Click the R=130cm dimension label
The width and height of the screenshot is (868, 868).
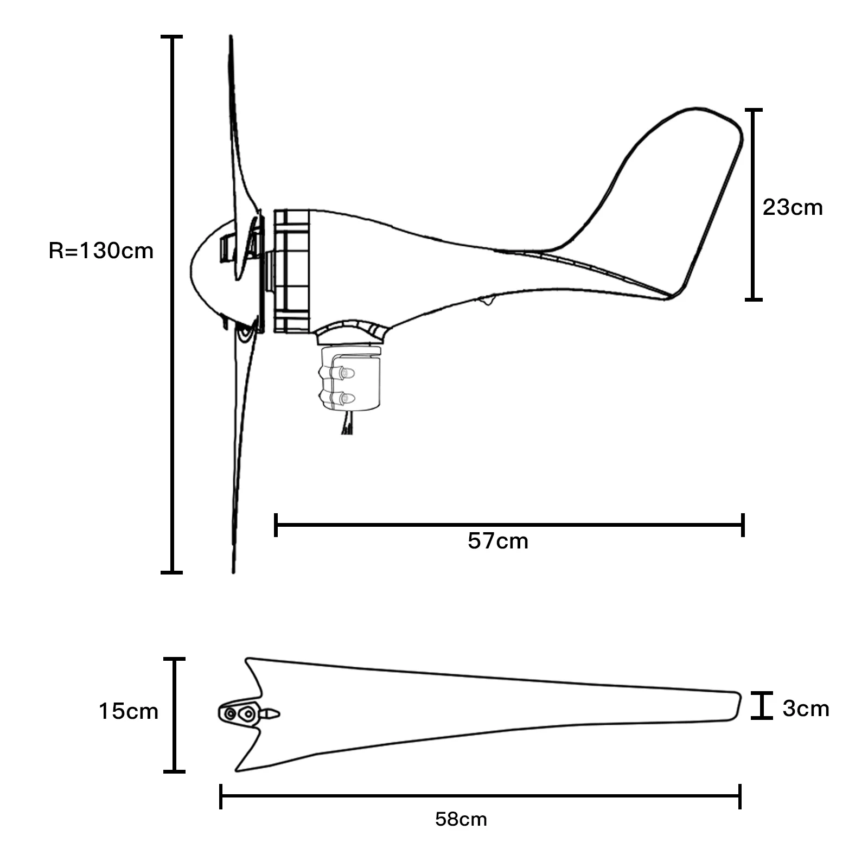[x=101, y=251]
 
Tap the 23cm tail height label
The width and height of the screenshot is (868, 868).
[x=792, y=207]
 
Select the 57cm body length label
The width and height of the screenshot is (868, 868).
[x=497, y=541]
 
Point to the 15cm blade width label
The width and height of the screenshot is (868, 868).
[x=128, y=711]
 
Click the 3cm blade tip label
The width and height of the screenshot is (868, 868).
[x=806, y=709]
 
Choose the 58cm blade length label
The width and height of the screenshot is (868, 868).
[x=461, y=819]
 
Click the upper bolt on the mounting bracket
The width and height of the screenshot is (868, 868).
[x=344, y=373]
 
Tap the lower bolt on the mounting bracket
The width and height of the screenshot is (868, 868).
[x=344, y=399]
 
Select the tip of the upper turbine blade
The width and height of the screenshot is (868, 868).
[x=231, y=41]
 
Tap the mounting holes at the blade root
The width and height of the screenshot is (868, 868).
[x=239, y=714]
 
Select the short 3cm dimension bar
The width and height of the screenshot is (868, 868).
[x=762, y=706]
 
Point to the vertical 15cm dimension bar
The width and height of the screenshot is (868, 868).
[x=174, y=715]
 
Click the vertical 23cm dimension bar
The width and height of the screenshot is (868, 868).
[x=753, y=204]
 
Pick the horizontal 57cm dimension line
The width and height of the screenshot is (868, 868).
[x=509, y=525]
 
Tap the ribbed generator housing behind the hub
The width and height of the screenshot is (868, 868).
[x=292, y=271]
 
